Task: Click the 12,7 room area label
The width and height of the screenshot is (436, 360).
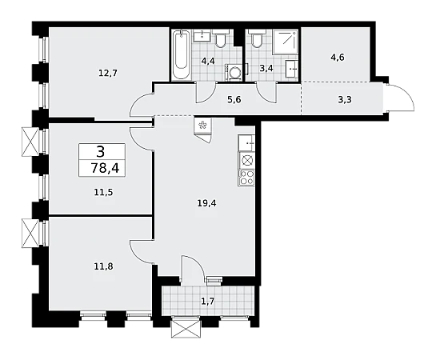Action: tap(108, 73)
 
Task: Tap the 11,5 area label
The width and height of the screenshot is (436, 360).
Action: tap(103, 192)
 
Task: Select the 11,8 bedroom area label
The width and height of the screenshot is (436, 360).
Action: tap(103, 267)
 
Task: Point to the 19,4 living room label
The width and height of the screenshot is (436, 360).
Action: tap(206, 203)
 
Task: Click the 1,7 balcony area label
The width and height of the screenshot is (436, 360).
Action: tap(207, 301)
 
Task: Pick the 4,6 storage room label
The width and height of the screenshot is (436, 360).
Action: tap(338, 58)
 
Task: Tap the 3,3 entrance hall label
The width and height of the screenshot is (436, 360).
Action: tap(345, 99)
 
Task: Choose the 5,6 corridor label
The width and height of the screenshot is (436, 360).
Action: tap(234, 99)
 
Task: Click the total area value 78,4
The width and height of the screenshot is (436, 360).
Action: tap(105, 168)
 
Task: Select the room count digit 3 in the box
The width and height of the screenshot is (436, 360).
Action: tap(101, 152)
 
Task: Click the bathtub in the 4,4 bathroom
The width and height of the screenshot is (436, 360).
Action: tap(181, 54)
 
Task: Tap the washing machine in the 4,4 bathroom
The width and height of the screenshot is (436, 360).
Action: tap(234, 72)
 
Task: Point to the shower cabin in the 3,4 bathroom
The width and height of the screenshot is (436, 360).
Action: tap(286, 42)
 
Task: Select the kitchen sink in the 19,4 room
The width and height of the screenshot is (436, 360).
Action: tap(246, 143)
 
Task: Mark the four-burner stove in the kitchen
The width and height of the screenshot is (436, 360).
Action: tap(246, 178)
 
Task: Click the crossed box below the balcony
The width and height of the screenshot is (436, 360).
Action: tap(186, 328)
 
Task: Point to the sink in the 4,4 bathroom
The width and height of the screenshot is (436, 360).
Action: tap(202, 34)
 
